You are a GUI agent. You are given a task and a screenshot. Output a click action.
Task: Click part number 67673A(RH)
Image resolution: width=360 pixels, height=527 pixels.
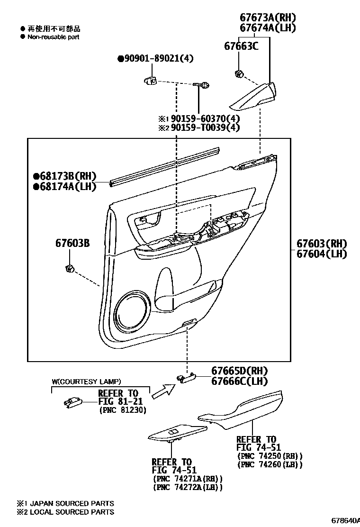click(268, 18)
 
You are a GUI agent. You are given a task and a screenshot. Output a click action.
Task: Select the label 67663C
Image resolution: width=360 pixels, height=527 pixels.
click(241, 46)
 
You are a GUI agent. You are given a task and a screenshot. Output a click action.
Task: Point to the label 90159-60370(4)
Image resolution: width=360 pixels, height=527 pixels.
click(205, 118)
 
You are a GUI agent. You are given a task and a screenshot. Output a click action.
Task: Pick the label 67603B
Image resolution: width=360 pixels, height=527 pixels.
click(72, 243)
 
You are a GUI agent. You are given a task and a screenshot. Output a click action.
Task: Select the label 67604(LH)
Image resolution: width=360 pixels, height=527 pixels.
click(322, 254)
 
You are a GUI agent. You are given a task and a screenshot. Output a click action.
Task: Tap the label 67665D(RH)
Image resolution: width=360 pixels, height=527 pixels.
click(239, 371)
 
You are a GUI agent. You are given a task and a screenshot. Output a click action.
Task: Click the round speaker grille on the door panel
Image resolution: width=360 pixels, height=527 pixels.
click(132, 311)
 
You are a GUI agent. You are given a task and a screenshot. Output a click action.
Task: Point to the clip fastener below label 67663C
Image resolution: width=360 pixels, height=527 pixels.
click(239, 73)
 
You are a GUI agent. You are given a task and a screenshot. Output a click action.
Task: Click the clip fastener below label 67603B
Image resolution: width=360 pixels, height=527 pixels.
click(70, 269)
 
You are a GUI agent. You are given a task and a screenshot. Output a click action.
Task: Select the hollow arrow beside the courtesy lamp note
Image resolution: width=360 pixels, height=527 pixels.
click(163, 391)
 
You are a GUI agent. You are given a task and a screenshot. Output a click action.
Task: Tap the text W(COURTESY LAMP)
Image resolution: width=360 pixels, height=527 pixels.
click(86, 382)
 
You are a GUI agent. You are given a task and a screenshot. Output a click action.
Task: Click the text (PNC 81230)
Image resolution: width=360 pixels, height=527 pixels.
click(123, 410)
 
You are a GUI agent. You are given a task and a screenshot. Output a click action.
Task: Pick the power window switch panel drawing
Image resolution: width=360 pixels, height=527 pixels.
click(178, 434)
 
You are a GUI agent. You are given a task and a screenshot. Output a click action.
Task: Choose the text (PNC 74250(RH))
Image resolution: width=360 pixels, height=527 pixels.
click(270, 456)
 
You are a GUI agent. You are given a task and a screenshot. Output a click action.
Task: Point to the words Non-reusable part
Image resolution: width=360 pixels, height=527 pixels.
click(54, 37)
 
